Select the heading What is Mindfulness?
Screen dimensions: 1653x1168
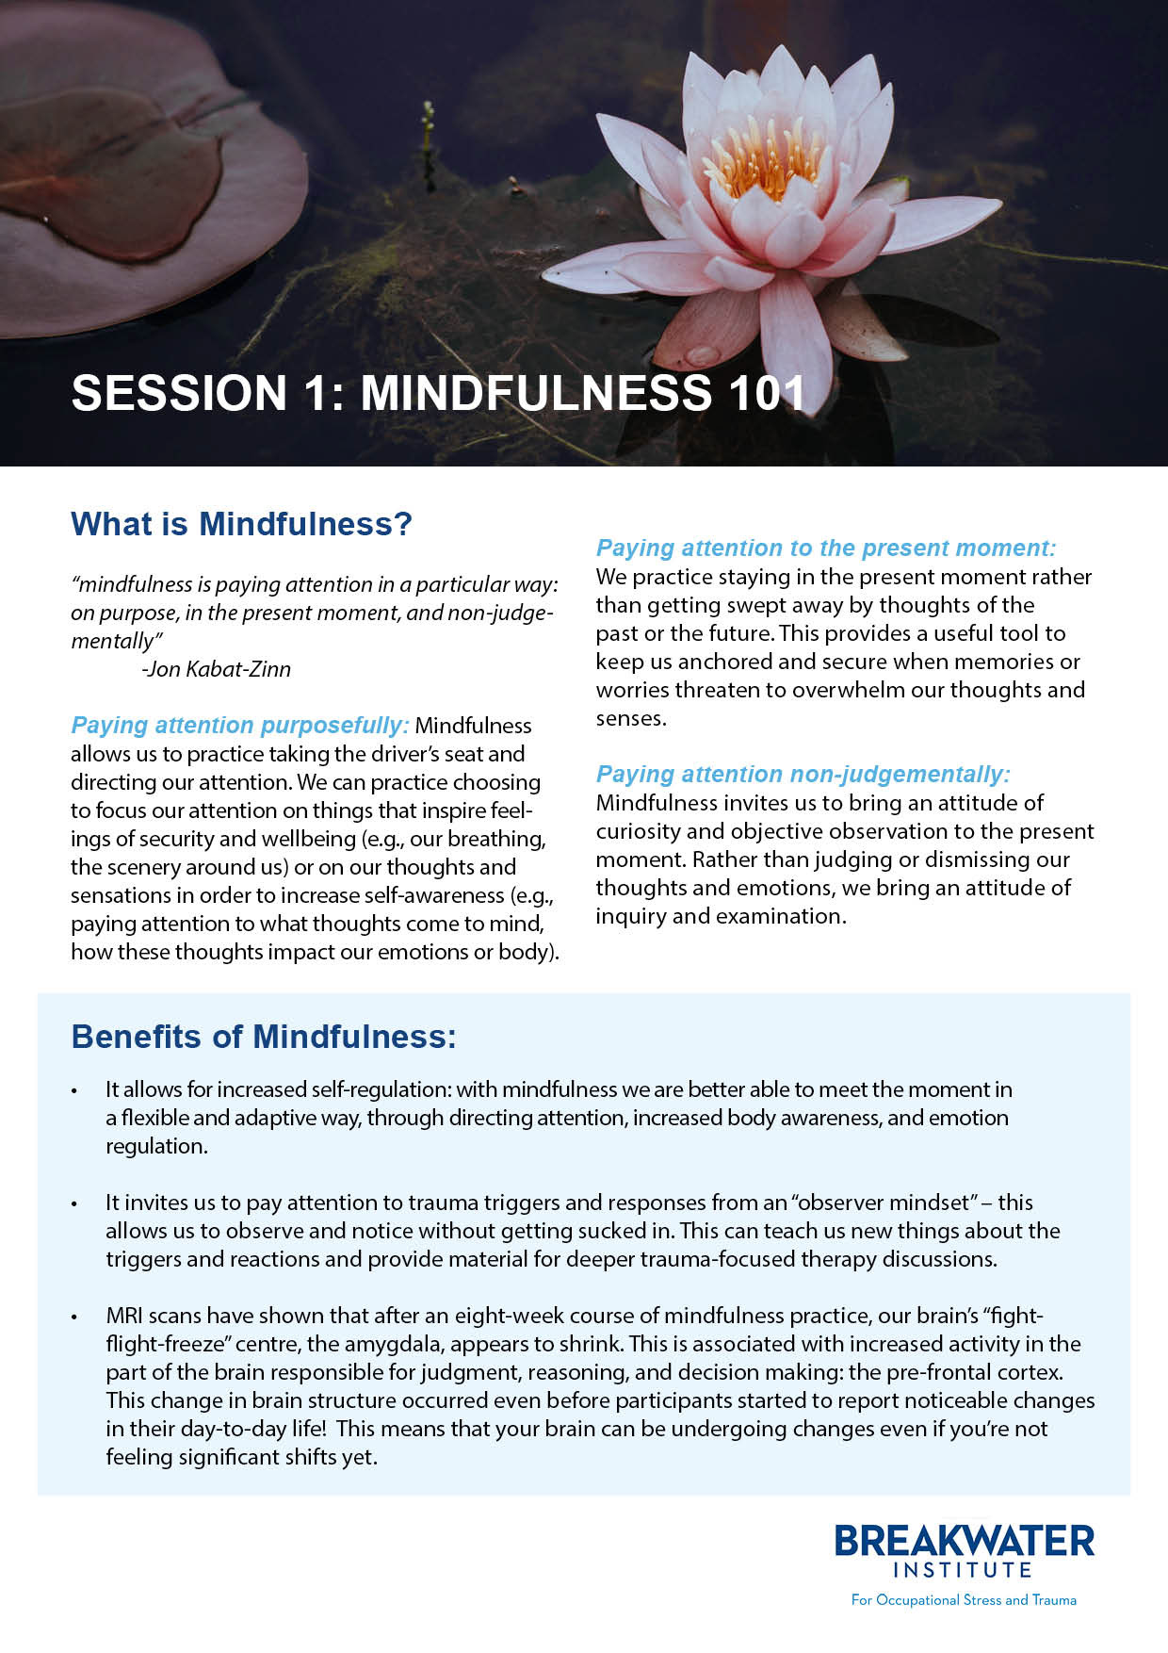pos(241,524)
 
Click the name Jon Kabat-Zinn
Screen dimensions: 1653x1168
pos(217,669)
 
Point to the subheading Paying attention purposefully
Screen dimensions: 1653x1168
pos(239,726)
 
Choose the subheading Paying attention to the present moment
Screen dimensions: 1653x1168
pos(825,548)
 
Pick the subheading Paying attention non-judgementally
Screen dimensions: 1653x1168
pos(802,774)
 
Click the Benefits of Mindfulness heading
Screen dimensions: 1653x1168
pos(264,1037)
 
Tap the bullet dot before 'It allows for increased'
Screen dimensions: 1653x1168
pos(73,1091)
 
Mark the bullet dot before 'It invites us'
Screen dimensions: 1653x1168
pos(73,1204)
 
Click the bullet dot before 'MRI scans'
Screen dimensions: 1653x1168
pos(73,1317)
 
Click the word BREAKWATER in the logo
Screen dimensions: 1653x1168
pos(964,1542)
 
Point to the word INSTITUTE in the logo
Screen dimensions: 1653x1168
pos(963,1570)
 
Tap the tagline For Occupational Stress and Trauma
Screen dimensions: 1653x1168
pos(963,1600)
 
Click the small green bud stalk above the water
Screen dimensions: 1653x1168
pos(429,127)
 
